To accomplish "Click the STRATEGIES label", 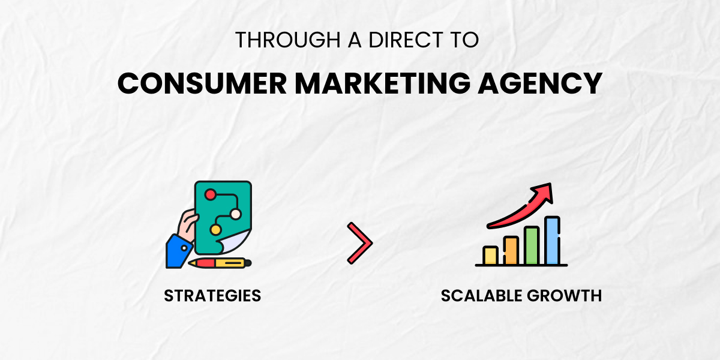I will click(x=212, y=296).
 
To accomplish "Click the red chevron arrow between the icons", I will click(x=360, y=243).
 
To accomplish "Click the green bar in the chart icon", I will click(x=532, y=246).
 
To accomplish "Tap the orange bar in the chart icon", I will click(x=511, y=251).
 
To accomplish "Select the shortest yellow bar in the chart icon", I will click(x=491, y=256).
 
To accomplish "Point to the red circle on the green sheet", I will click(x=210, y=195).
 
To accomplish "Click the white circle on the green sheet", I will click(x=236, y=214).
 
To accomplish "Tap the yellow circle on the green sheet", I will click(x=215, y=229).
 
